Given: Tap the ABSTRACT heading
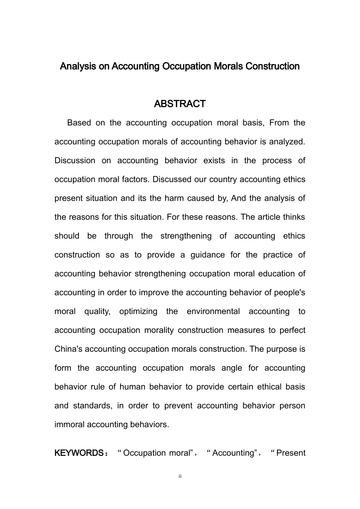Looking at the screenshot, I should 180,104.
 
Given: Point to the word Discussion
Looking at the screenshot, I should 75,161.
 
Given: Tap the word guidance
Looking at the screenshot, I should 204,255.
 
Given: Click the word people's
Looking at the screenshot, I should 290,292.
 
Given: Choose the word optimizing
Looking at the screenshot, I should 138,311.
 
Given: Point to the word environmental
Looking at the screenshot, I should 213,311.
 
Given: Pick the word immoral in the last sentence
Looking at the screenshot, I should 69,425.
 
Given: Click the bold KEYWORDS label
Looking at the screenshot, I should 79,453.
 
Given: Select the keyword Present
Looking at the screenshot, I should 291,453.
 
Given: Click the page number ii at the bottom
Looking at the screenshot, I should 180,476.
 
